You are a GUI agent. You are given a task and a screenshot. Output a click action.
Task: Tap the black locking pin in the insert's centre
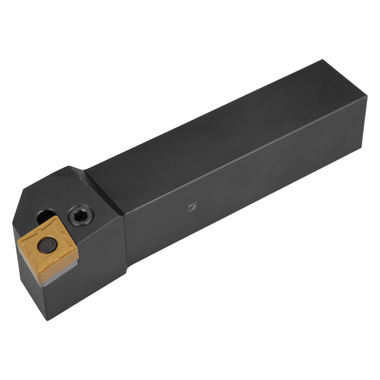coord(45,245)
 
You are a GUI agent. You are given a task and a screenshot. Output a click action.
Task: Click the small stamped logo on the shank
coord(193,207)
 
